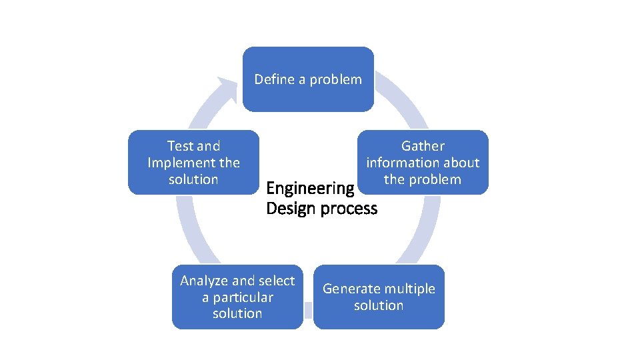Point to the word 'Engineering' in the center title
pos(310,189)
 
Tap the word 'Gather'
pos(423,146)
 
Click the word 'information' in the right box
pos(399,163)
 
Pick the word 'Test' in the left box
pos(180,146)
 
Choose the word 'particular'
pos(237,297)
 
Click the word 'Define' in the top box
pos(274,79)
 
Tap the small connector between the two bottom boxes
pos(308,309)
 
